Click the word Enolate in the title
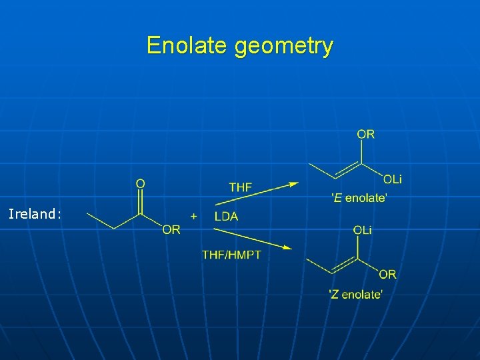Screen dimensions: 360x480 187,46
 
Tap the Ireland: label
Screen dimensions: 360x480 35,214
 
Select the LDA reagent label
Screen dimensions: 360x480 226,216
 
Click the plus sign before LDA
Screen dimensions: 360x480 194,216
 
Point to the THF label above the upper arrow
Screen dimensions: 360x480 241,187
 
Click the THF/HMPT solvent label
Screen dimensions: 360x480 231,254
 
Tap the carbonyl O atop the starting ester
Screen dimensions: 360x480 141,183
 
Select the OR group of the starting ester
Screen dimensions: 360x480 171,230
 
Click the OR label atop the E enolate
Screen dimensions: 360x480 365,134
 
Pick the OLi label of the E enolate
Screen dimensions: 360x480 393,179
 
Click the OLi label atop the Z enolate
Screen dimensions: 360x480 363,230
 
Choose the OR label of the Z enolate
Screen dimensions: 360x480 387,274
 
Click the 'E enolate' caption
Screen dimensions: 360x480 359,197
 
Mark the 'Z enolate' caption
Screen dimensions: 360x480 356,294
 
